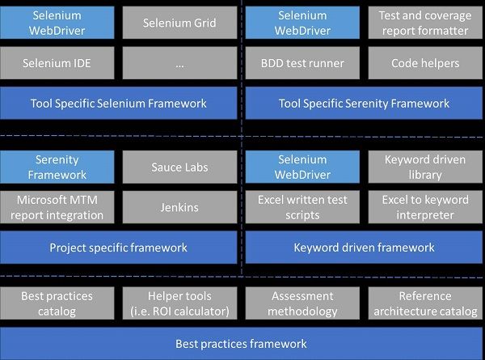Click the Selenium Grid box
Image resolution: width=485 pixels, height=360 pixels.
pos(179,23)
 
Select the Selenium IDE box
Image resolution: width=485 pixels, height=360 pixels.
pos(57,63)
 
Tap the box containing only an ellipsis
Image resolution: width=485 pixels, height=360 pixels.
pos(179,63)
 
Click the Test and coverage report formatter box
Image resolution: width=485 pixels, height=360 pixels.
pos(424,23)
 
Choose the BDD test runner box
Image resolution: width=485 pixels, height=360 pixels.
pos(302,63)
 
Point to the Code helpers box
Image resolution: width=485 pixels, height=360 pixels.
pos(424,63)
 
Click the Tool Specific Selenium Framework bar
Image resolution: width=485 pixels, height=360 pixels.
pos(118,104)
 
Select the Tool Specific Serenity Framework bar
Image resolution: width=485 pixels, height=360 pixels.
pos(364,104)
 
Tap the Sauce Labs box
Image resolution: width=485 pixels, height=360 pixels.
pos(179,167)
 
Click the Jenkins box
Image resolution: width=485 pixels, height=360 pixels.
pos(179,207)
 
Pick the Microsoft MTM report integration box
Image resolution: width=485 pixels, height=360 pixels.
pos(57,207)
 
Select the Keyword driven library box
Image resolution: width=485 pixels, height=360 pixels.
pos(424,167)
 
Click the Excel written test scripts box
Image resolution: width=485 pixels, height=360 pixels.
pos(302,207)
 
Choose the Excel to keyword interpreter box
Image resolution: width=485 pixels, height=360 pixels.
pos(424,207)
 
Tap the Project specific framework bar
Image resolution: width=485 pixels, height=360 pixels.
pos(118,248)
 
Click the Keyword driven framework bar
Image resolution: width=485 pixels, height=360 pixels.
pos(364,248)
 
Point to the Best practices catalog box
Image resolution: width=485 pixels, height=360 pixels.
pos(57,303)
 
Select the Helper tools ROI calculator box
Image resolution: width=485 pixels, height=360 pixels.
pos(179,303)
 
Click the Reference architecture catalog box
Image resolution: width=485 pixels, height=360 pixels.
pos(424,303)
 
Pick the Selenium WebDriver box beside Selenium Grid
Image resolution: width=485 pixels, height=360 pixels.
pos(57,23)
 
